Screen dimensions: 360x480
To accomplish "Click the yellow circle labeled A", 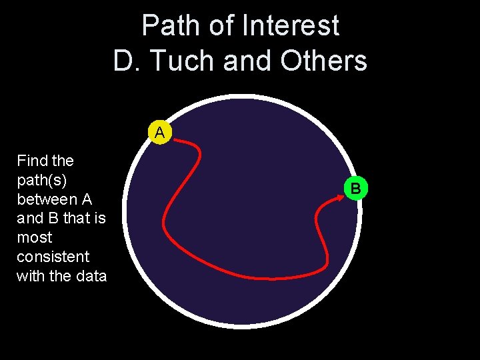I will [160, 132].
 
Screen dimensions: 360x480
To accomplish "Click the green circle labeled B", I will [356, 189].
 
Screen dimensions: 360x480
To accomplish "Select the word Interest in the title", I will [291, 26].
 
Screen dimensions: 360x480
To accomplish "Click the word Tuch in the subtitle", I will [185, 61].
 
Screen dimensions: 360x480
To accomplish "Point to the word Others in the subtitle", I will [324, 61].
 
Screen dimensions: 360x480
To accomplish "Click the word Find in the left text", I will [29, 161].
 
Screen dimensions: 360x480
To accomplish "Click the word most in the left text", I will [34, 237].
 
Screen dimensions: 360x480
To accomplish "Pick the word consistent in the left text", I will [53, 257].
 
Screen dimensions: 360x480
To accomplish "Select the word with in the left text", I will [31, 276].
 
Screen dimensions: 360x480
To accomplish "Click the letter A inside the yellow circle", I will [160, 133].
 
